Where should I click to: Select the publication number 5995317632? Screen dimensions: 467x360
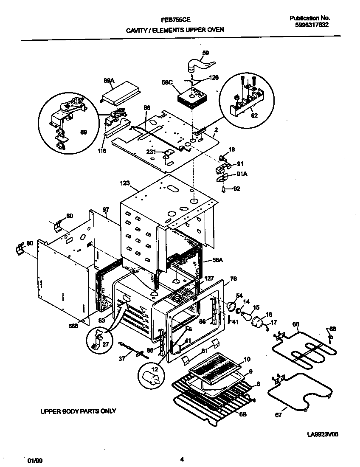tap(312, 25)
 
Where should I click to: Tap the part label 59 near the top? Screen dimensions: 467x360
tap(205, 53)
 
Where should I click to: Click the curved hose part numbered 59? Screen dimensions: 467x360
tap(200, 65)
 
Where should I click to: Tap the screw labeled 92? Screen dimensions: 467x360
tap(224, 189)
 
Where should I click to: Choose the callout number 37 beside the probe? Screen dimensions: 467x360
tap(122, 359)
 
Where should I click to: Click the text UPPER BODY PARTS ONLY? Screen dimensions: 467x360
tap(78, 411)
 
